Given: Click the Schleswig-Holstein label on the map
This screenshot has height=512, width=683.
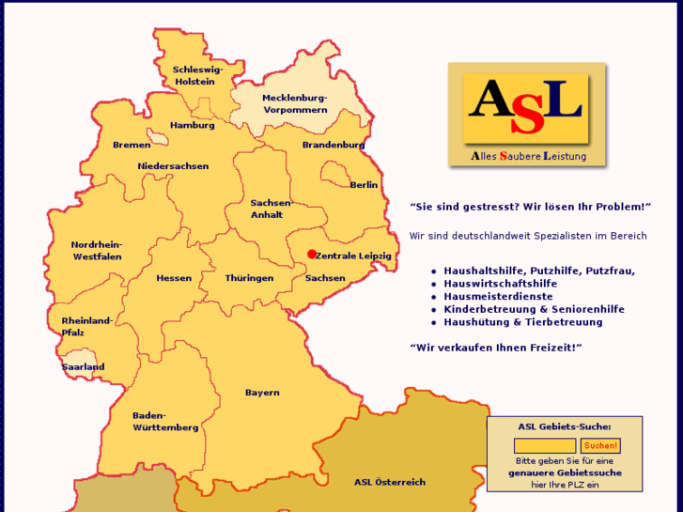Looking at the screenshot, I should (x=195, y=75).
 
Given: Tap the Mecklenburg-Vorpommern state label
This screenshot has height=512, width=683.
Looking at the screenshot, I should (x=295, y=103).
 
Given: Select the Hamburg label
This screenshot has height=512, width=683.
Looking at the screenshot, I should (x=193, y=125).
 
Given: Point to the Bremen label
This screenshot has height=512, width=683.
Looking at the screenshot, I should (x=132, y=145).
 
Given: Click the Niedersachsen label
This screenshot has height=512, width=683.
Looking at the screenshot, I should (x=173, y=166).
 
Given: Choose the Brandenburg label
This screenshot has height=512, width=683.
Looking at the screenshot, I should (x=334, y=145).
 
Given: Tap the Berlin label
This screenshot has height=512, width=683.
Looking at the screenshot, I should (x=364, y=185).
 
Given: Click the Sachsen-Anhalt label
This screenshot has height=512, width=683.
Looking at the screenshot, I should (x=272, y=209).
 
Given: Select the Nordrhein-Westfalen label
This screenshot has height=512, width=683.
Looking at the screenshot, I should (x=97, y=251).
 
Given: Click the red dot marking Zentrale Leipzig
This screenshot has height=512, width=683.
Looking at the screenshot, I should (x=312, y=254).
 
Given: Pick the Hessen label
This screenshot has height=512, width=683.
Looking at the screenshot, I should (x=174, y=278).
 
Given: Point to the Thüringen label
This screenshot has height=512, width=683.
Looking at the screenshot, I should (x=249, y=278).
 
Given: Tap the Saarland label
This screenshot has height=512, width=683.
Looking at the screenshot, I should (x=84, y=367).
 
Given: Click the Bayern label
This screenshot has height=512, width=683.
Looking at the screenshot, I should (x=262, y=393).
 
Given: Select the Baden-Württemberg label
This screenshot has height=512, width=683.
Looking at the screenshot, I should (x=165, y=421).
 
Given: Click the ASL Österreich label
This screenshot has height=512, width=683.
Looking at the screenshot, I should (x=390, y=482).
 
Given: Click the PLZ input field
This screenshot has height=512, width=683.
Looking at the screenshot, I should (x=545, y=445).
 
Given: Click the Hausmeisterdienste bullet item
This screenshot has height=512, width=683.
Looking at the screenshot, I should (x=499, y=296).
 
